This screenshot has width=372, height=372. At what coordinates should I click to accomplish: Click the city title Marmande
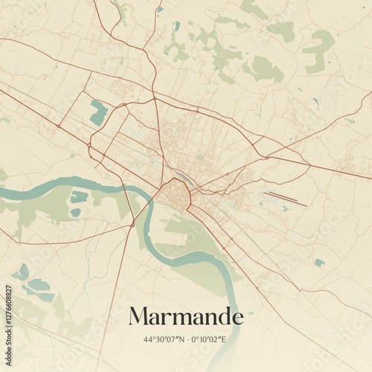tap(186, 317)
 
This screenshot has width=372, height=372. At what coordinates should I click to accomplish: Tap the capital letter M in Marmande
tap(139, 317)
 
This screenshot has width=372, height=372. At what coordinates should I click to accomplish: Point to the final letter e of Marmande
tap(237, 318)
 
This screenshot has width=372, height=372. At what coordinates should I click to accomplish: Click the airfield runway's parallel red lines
tap(286, 199)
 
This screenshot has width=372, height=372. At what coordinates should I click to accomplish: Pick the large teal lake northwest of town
tap(98, 112)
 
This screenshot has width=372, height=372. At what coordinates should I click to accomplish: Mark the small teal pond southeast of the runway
tap(319, 263)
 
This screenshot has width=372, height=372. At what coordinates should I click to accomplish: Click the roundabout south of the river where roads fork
tap(132, 225)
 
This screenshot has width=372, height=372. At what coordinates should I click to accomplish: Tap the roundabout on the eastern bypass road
tap(266, 157)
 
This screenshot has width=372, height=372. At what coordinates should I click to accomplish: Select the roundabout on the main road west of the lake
tap(58, 126)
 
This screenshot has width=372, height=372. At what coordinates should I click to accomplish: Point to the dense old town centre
tap(175, 195)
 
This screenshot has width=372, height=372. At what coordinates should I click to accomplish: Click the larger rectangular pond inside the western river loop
tap(79, 197)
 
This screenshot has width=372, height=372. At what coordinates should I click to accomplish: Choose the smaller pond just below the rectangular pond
tap(75, 213)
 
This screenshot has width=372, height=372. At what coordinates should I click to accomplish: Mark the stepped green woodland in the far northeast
tap(318, 50)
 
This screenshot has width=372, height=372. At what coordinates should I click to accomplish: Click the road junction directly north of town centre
tap(154, 98)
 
